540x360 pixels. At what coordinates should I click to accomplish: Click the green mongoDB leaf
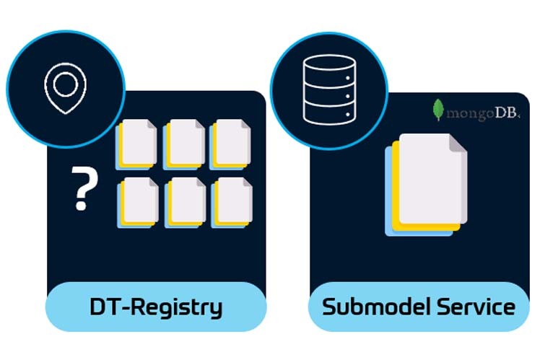[x=437, y=110]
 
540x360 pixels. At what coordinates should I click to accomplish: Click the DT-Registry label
[x=156, y=307]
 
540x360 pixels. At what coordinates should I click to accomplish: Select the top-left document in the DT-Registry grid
[x=138, y=142]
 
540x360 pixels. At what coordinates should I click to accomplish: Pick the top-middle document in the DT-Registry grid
[x=185, y=142]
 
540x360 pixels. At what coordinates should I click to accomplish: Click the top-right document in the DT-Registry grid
[x=231, y=142]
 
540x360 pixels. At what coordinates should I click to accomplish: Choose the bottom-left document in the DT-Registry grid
[x=138, y=201]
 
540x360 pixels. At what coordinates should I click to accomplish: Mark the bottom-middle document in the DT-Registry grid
[x=185, y=201]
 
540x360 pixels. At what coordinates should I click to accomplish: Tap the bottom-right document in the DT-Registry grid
[x=231, y=201]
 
